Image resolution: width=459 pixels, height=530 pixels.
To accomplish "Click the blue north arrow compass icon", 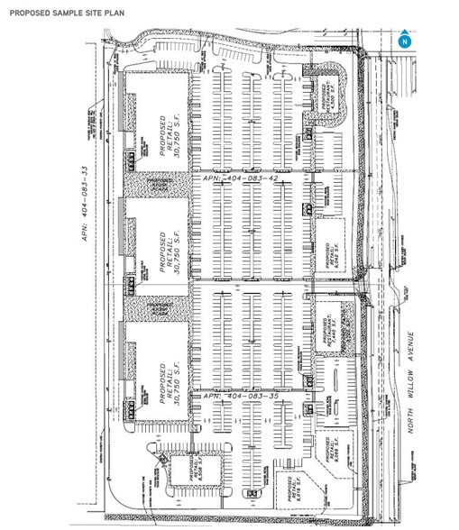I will coord(405,41).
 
